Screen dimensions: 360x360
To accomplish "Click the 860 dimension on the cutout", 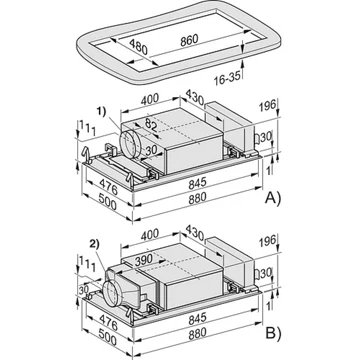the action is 189,40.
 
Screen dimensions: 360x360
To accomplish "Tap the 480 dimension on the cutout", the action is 138,47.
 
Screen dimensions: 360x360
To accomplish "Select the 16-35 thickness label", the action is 227,79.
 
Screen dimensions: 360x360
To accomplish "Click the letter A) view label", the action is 273,198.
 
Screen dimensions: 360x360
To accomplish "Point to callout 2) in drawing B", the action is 95,244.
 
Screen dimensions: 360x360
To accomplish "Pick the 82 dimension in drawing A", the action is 150,126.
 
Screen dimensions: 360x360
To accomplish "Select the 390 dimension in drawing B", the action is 144,259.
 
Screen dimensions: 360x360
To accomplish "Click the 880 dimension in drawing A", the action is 198,199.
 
